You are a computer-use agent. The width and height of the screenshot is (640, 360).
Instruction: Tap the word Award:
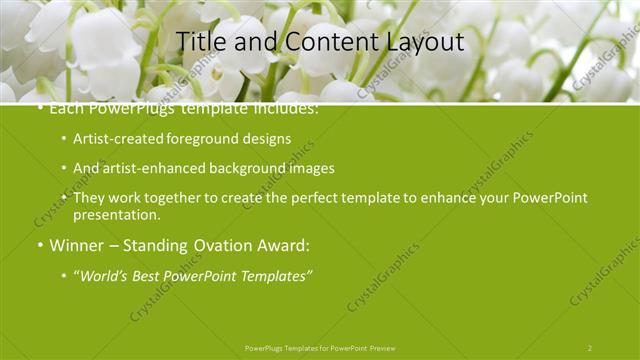coord(281,245)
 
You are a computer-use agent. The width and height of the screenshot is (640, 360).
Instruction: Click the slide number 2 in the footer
coord(590,348)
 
